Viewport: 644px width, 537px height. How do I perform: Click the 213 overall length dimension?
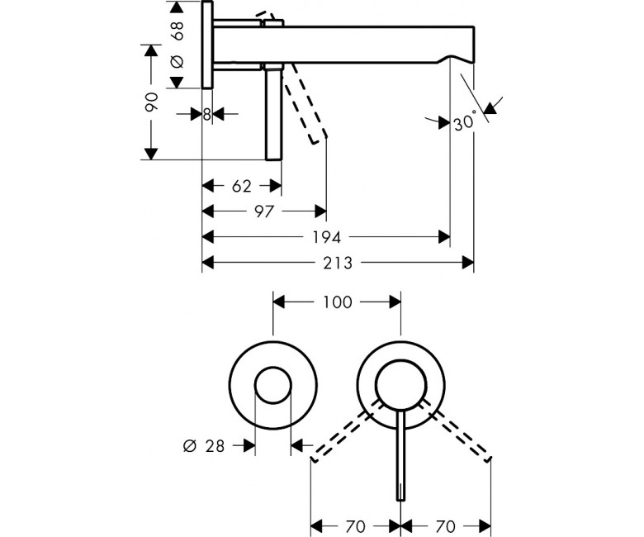click(x=338, y=263)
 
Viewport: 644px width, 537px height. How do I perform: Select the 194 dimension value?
click(x=327, y=237)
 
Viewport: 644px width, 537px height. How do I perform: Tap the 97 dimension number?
click(x=263, y=211)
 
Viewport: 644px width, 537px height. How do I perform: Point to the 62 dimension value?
click(x=241, y=186)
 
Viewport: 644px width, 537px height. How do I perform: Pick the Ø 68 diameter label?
click(x=177, y=45)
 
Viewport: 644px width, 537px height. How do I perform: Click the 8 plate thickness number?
click(x=207, y=114)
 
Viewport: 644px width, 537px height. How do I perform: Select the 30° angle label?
click(x=466, y=121)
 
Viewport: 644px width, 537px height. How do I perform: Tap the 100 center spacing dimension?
click(x=337, y=302)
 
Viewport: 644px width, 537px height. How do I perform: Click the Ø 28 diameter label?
click(x=204, y=446)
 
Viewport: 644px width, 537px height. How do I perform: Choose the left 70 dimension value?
click(x=355, y=526)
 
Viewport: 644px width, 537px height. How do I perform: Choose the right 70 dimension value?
click(x=446, y=526)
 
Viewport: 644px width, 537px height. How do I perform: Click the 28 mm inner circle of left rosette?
click(x=273, y=368)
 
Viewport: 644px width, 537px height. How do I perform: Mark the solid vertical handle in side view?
click(x=273, y=111)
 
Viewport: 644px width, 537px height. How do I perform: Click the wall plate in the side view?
click(x=207, y=45)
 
